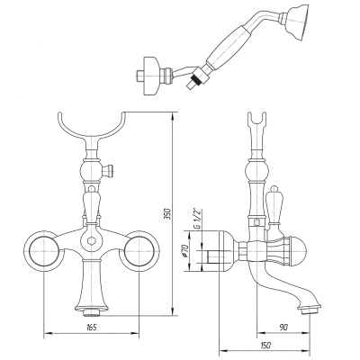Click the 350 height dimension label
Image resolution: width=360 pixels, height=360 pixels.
[168, 213]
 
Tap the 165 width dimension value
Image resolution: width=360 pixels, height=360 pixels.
[91, 328]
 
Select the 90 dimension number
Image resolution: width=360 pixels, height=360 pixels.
[283, 328]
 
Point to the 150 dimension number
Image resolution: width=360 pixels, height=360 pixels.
[265, 346]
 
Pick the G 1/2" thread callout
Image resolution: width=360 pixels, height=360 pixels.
[197, 220]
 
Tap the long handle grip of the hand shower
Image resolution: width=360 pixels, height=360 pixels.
[229, 47]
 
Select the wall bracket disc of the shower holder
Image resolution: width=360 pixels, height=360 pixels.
[151, 76]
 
